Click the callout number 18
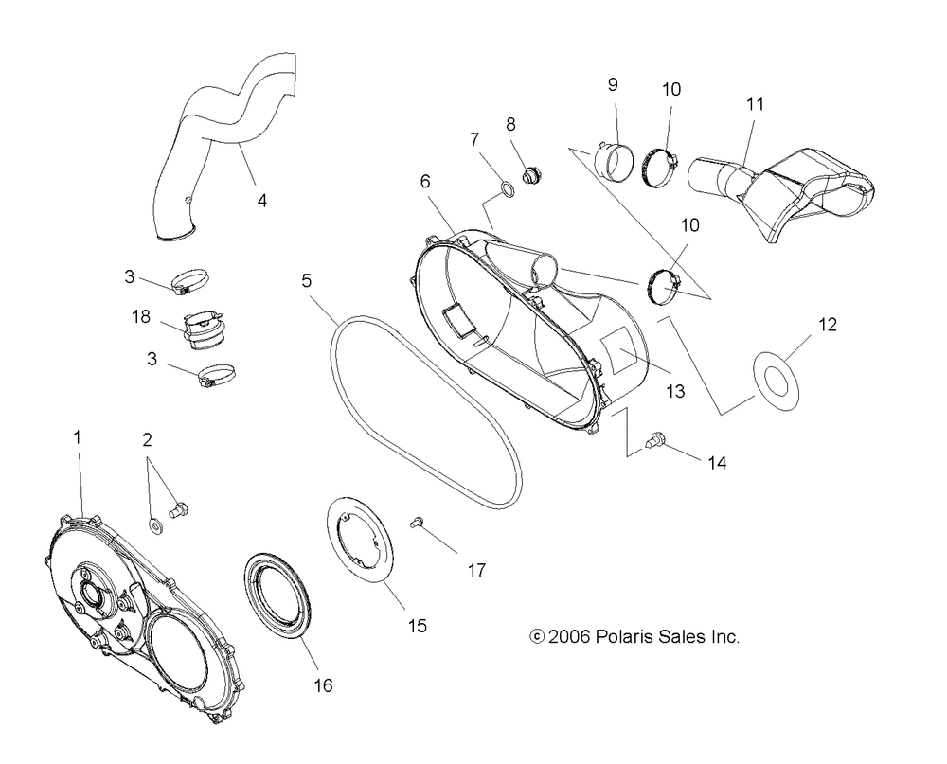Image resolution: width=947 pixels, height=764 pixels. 141,316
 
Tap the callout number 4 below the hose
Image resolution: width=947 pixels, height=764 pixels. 261,201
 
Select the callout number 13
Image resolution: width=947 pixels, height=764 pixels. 675,391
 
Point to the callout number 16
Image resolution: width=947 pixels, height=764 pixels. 323,685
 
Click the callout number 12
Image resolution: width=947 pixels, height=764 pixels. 828,325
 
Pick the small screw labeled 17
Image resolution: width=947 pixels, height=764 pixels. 416,522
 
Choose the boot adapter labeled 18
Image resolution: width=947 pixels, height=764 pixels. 204,330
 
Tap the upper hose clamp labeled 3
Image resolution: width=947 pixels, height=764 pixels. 190,281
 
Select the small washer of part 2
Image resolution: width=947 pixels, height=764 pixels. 156,524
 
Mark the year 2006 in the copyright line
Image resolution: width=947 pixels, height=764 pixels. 569,636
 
